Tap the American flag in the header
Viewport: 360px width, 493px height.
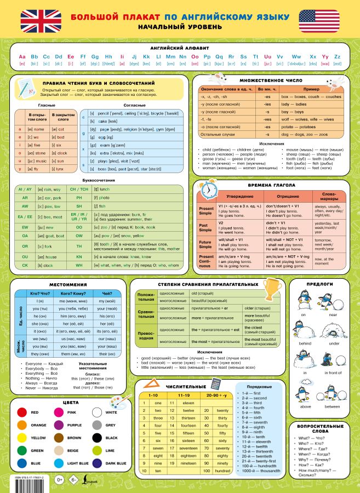[319, 20]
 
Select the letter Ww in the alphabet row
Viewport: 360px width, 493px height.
[296, 56]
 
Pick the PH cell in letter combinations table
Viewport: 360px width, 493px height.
[79, 197]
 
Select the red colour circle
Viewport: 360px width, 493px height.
[22, 412]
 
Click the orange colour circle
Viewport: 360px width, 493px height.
[22, 425]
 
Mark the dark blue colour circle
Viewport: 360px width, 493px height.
[97, 463]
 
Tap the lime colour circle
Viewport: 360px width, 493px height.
[97, 450]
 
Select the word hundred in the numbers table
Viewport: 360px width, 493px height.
[222, 471]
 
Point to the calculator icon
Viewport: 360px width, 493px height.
[215, 383]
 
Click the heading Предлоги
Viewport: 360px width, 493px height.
[323, 284]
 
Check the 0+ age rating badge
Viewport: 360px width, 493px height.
[59, 480]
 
